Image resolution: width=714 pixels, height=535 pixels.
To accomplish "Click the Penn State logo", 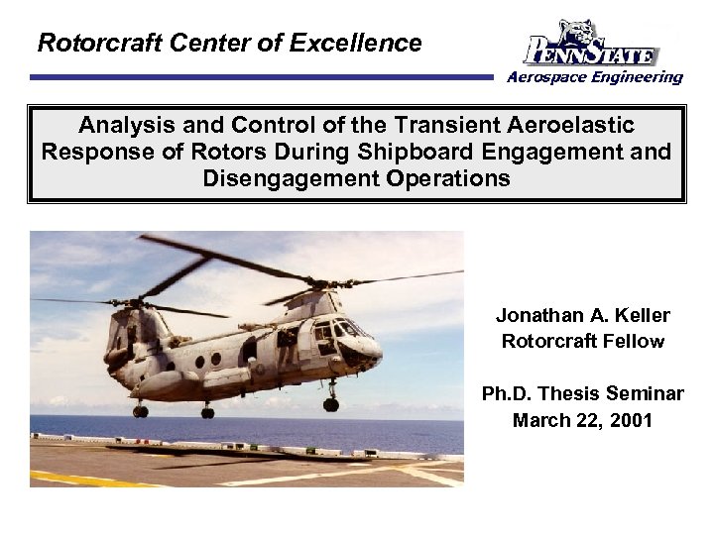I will pos(591,44).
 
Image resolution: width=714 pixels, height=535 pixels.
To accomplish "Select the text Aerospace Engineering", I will pos(595,77).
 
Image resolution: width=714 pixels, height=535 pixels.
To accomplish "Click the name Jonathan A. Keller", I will pos(583,316).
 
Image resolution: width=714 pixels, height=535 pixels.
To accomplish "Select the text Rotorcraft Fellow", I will pos(583,342).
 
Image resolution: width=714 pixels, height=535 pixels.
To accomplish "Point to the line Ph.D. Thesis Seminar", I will pos(583,394).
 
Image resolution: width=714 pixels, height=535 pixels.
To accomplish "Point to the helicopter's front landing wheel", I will pos(330,403).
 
